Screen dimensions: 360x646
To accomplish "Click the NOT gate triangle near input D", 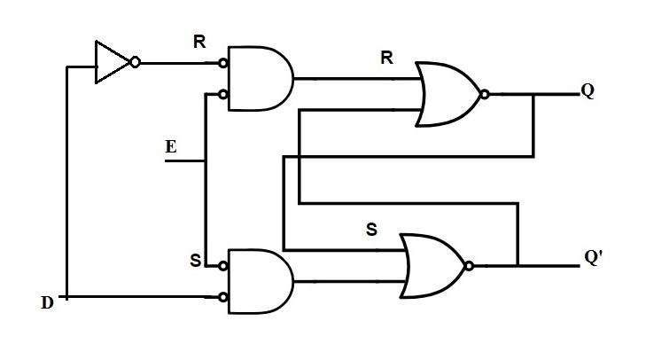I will (x=111, y=63).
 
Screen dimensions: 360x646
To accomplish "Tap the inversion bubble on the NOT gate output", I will (x=134, y=63).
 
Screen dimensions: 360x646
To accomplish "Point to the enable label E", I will (x=170, y=147).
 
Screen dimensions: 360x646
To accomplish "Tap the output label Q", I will (x=588, y=92).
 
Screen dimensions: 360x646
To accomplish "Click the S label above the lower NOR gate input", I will (x=371, y=230).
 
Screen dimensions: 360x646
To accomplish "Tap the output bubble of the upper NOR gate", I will (x=484, y=93).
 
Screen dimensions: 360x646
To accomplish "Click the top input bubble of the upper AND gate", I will (x=224, y=63).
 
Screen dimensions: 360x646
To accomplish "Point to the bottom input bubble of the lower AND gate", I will (x=224, y=297).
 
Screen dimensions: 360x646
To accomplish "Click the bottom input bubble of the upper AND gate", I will (x=224, y=94).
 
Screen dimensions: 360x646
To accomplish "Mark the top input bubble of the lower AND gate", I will (x=224, y=265).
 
